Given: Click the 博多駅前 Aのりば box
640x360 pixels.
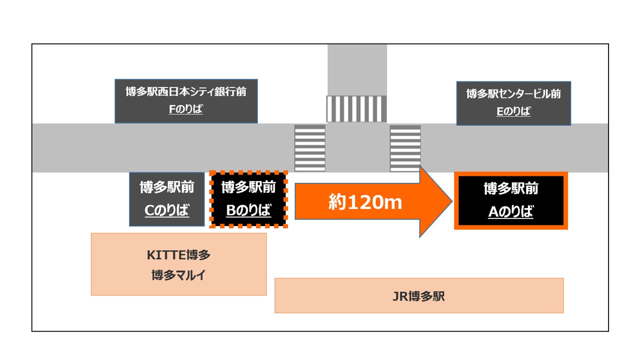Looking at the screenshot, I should pos(510,200).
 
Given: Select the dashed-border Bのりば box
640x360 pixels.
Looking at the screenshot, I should pos(248,199).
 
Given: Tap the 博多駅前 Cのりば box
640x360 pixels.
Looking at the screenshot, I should pos(167,199).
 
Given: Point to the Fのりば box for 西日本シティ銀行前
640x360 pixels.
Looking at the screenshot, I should pos(186,101).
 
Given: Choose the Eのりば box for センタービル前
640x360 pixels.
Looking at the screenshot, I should pos(513,103).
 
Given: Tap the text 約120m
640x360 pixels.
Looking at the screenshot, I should pos(365,202).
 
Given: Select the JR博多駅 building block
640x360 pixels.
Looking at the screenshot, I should pos(419,295).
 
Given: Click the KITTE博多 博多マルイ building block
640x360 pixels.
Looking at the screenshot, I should pos(178,264).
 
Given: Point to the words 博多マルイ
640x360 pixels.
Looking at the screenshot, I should pos(178,274).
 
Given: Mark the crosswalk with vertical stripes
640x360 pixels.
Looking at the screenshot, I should pos(356,108).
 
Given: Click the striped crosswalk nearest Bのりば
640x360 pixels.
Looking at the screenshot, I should pos(310,148).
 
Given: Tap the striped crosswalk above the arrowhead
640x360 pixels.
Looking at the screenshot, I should pos(405,148).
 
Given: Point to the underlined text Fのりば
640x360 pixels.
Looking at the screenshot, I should pos(186,109).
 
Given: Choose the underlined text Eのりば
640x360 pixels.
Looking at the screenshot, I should pos(513,111).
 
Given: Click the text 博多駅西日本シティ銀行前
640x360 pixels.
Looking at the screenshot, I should pos(186,92).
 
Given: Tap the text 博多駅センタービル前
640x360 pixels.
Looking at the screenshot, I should pos(513,94).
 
